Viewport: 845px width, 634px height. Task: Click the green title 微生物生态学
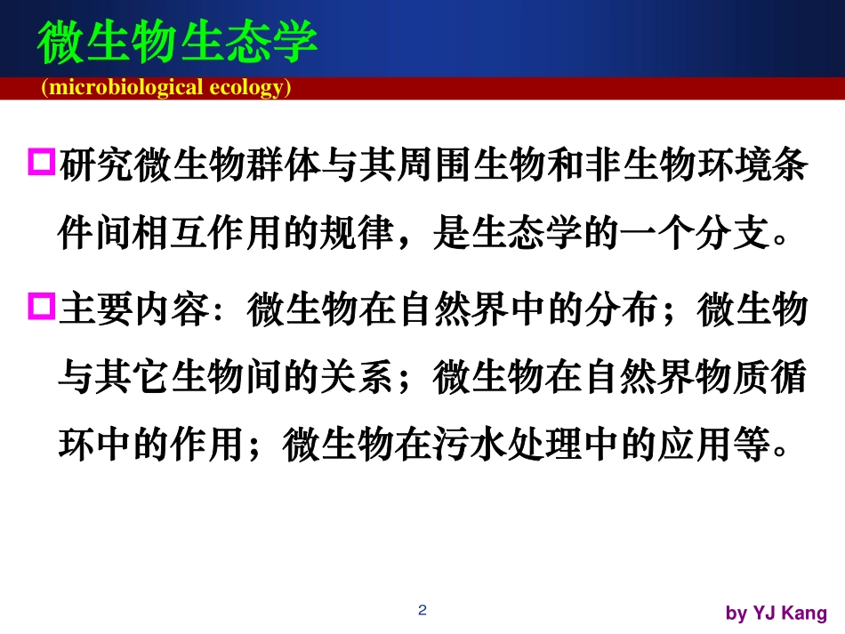(x=177, y=42)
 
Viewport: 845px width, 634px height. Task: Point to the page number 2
(x=422, y=610)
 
